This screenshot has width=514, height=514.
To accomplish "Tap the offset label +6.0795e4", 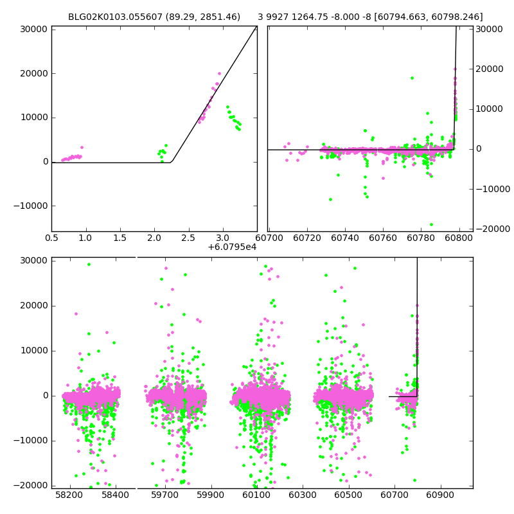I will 232,247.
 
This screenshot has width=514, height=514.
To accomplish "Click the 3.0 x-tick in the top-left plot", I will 223,238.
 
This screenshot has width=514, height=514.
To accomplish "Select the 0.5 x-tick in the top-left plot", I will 51,238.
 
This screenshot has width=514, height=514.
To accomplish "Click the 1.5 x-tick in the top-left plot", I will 120,238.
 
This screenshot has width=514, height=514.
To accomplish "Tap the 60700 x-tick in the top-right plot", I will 269,238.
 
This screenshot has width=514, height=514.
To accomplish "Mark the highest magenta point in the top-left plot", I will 219,73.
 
